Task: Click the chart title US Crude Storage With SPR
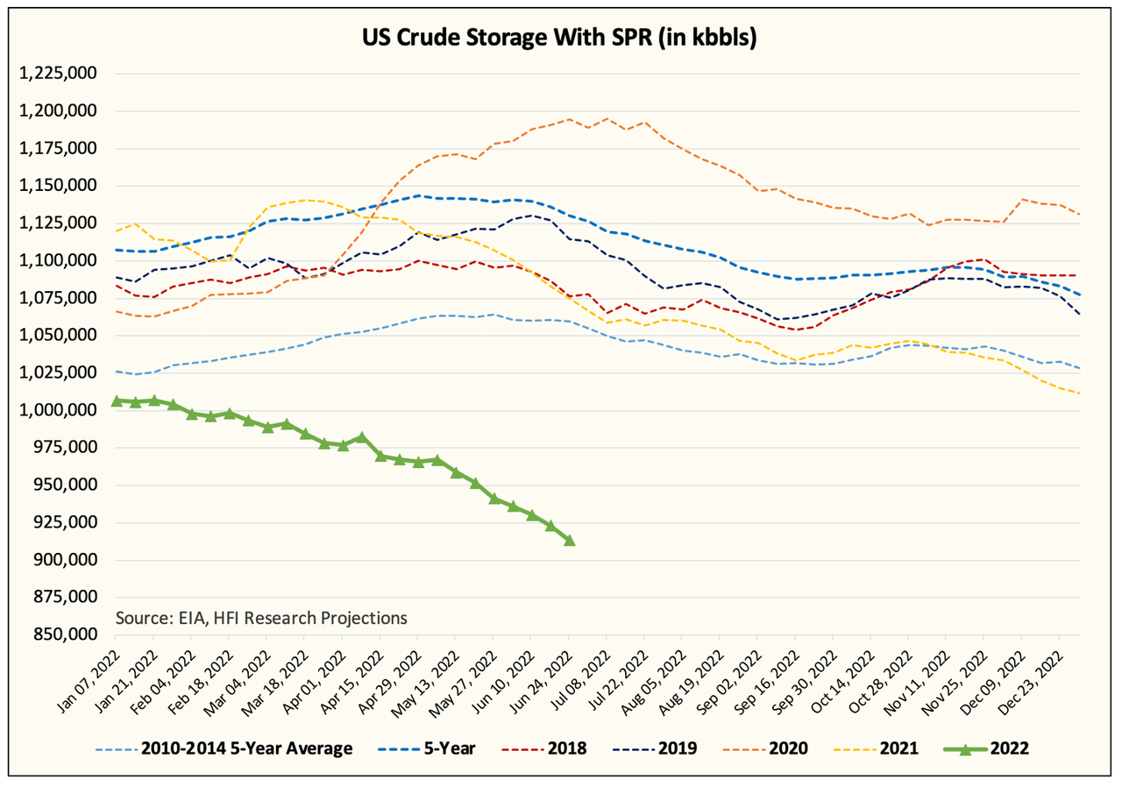(561, 38)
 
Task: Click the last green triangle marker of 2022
(570, 540)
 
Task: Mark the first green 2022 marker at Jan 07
(117, 401)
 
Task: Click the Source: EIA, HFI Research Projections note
(261, 618)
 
